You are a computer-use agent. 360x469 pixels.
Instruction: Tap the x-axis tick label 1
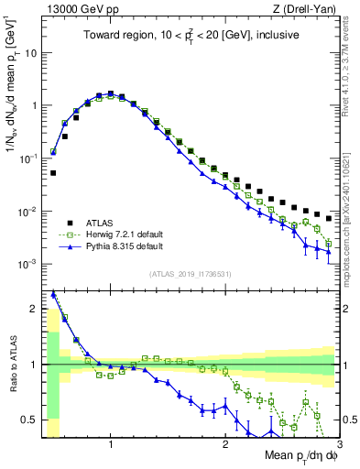coord(111,444)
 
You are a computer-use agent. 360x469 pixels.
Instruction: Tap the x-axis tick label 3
coord(339,444)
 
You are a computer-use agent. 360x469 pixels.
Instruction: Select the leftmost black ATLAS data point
coord(53,172)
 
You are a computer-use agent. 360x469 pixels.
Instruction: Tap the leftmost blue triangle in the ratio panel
coord(53,294)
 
